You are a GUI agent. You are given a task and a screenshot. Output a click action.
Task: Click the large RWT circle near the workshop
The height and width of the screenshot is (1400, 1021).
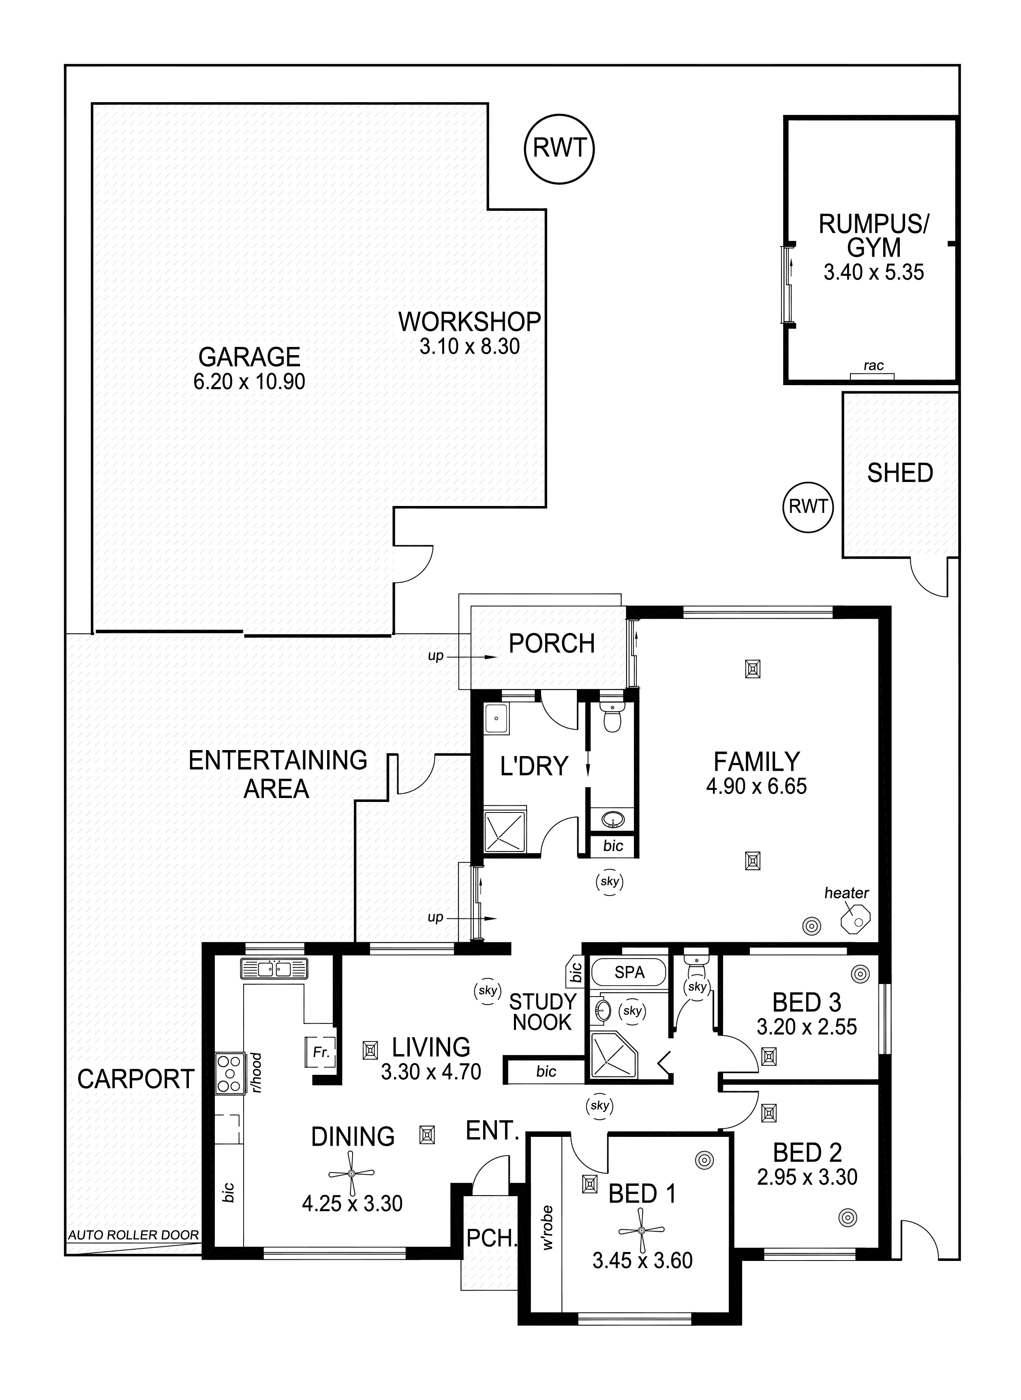pyautogui.click(x=559, y=148)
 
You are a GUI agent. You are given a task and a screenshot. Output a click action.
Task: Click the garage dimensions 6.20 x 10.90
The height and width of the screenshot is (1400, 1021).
pyautogui.click(x=250, y=382)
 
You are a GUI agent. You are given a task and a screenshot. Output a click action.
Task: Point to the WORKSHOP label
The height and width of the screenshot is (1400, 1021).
pyautogui.click(x=470, y=322)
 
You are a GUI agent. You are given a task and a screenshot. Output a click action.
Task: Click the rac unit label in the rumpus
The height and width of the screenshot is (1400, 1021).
pyautogui.click(x=873, y=365)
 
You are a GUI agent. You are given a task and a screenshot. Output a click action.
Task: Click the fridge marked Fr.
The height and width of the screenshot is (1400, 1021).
pyautogui.click(x=321, y=1052)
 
